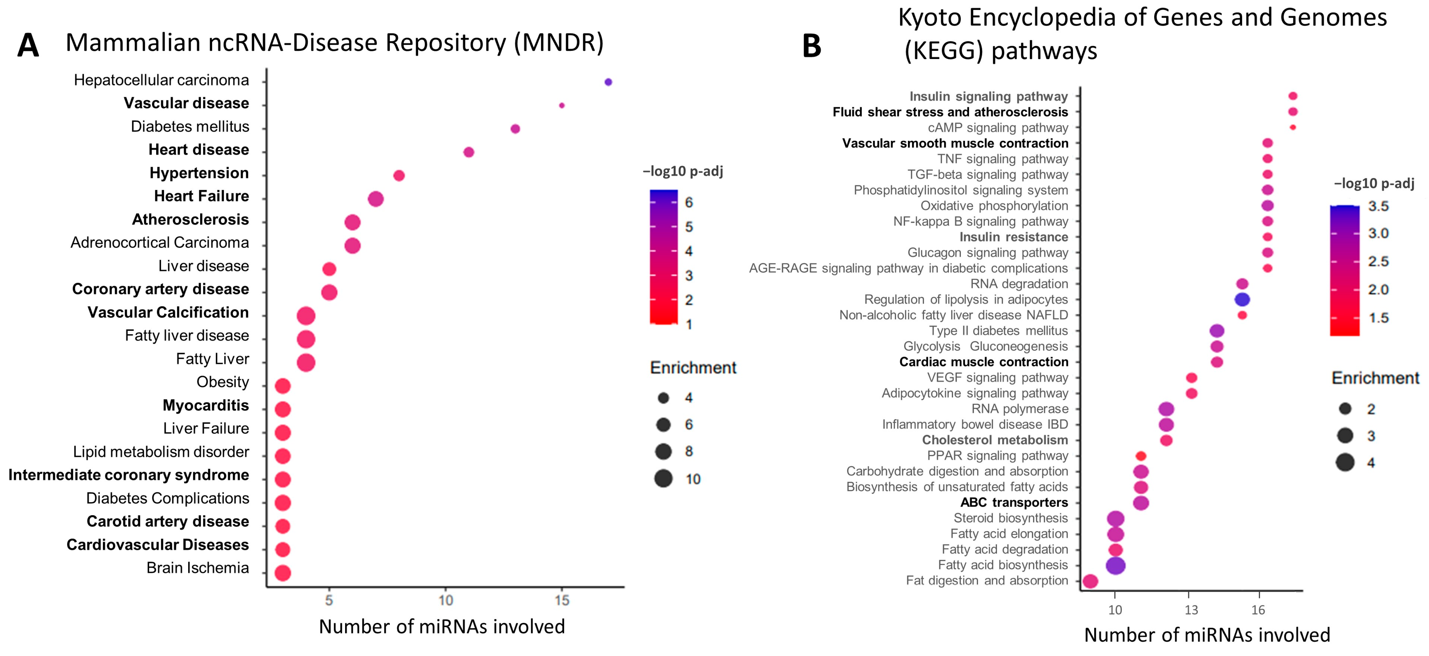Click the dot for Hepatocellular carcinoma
(x=608, y=82)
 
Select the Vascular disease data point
(x=561, y=105)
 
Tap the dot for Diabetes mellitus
(x=515, y=129)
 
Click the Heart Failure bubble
(x=375, y=198)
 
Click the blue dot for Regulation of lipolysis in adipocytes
(x=1242, y=299)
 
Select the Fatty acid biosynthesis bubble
(x=1115, y=566)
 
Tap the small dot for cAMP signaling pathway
(x=1293, y=128)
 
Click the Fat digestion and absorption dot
(x=1090, y=581)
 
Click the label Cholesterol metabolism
(x=995, y=440)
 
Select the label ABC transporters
(x=1014, y=502)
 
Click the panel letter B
(x=812, y=47)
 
